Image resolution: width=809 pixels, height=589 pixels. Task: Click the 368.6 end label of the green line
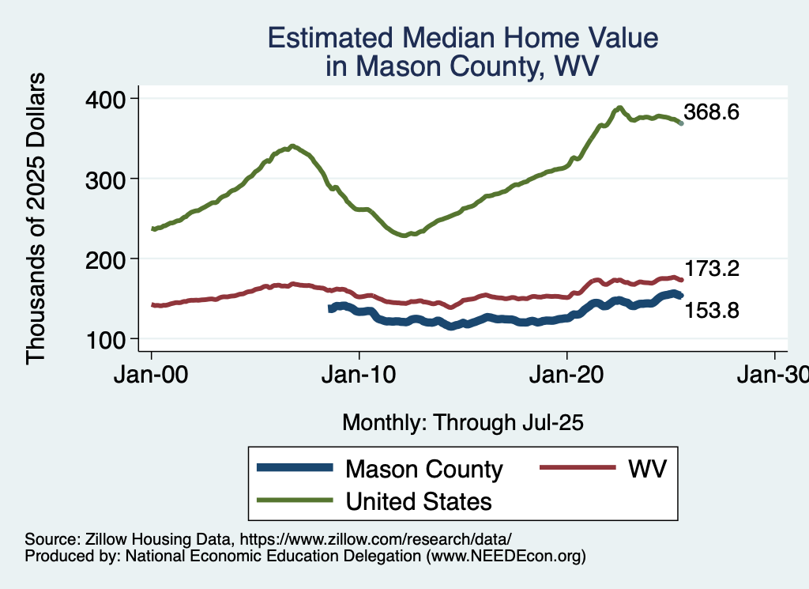[711, 112]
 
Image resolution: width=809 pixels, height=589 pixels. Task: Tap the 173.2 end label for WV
[711, 270]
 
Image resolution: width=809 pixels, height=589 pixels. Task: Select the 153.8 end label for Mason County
[711, 311]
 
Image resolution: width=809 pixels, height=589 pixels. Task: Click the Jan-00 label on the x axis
[152, 375]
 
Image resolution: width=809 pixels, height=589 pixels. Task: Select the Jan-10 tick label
[359, 375]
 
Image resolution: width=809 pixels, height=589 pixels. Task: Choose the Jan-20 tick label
[567, 375]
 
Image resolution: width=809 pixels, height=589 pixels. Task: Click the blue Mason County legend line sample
[294, 469]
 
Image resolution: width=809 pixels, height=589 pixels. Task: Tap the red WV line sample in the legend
[578, 468]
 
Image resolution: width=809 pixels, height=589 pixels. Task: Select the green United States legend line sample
[294, 501]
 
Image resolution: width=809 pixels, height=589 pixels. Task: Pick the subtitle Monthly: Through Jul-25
[463, 423]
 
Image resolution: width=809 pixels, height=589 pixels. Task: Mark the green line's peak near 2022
[620, 108]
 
